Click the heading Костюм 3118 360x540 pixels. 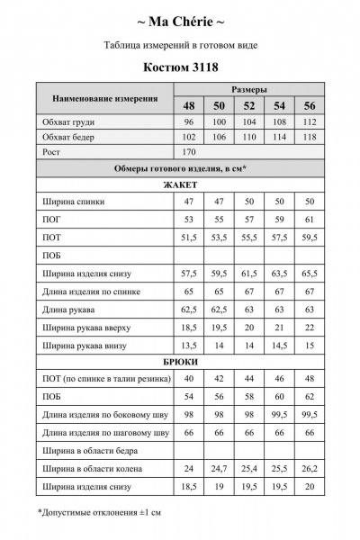pos(179,66)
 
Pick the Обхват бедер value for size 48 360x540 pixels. pos(190,137)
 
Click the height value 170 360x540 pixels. pos(190,152)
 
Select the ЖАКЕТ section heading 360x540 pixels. pos(179,184)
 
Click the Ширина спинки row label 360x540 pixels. pos(72,202)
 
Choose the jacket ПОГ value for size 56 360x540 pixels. pos(310,220)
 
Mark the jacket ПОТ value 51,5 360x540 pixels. pos(190,237)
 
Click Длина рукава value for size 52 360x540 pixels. pos(249,309)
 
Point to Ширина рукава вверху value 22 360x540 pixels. pos(310,327)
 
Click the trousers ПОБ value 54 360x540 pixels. pos(190,396)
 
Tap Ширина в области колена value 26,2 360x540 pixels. pos(310,468)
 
